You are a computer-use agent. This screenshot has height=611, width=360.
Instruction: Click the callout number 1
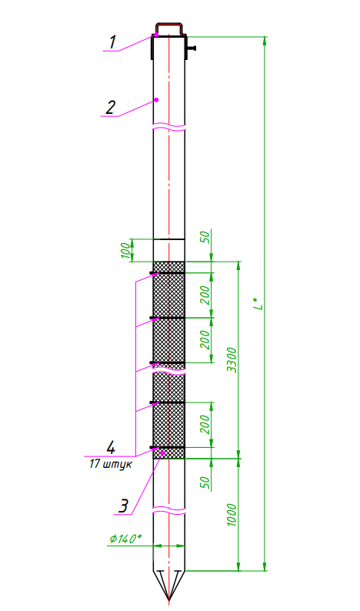point(112,42)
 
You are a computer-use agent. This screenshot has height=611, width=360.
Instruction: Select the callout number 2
point(111,107)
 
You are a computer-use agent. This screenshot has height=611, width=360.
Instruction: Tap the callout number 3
point(123,506)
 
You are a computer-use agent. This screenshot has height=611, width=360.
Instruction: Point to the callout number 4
point(111,447)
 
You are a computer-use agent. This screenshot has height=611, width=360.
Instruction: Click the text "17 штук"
point(110,464)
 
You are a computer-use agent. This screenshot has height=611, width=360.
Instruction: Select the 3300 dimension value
point(232,360)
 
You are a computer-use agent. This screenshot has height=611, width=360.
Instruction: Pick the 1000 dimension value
point(232,515)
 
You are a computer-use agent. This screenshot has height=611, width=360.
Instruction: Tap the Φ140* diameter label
point(125,539)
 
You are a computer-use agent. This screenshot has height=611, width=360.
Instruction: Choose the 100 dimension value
point(125,250)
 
